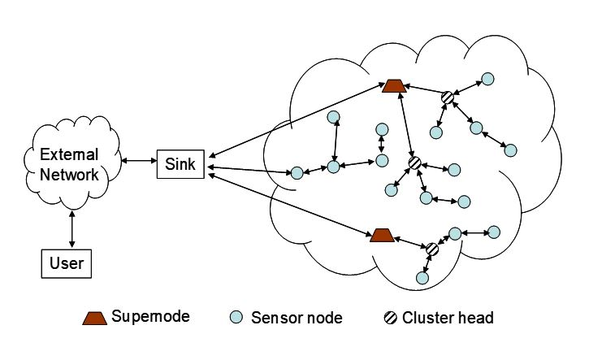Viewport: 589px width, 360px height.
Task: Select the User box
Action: (x=67, y=262)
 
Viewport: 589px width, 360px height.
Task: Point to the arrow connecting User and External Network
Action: (x=73, y=228)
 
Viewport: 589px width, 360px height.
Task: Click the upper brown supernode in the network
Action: (x=394, y=85)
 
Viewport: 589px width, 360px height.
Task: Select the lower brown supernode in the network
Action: (x=381, y=236)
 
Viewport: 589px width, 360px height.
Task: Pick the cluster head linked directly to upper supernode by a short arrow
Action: (x=447, y=98)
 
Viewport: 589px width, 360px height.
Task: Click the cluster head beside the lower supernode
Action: (x=432, y=249)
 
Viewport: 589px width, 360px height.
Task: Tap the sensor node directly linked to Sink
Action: (x=297, y=173)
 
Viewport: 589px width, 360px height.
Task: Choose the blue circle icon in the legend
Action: (x=236, y=318)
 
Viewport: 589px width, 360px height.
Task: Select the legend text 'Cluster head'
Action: (x=448, y=318)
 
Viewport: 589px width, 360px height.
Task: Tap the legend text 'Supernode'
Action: (x=150, y=317)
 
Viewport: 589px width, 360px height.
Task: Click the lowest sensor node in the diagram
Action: (x=422, y=278)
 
